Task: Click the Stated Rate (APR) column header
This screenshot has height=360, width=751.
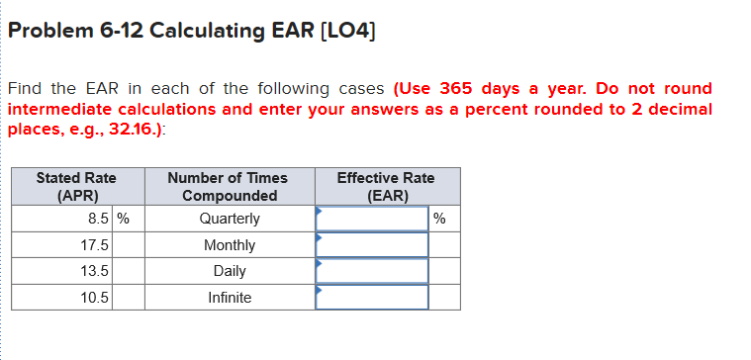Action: click(76, 186)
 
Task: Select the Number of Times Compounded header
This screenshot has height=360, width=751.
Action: click(228, 186)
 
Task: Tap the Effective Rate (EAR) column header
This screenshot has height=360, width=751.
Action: click(385, 186)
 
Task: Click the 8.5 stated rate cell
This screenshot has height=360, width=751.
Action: click(96, 219)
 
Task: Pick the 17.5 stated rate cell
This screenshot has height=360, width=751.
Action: click(96, 245)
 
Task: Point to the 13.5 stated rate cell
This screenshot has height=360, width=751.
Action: click(96, 271)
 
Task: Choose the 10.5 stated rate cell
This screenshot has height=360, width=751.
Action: click(96, 298)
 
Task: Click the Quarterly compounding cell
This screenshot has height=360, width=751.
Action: click(230, 219)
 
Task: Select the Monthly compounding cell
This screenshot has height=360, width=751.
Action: click(230, 245)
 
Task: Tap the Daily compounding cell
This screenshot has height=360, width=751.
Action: click(230, 271)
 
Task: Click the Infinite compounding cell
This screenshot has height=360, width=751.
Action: click(230, 298)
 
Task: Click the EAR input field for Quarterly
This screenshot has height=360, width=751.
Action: click(372, 219)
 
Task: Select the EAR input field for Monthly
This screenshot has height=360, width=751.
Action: click(372, 245)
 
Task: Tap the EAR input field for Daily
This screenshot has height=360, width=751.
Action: click(372, 271)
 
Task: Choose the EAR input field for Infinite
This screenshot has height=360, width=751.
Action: click(372, 298)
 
